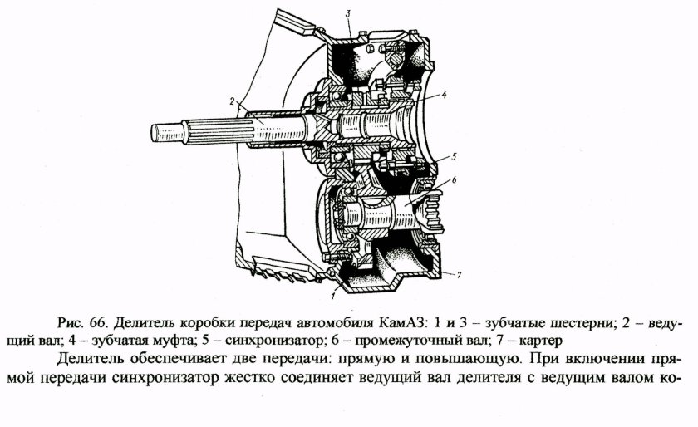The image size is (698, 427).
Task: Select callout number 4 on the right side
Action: (x=445, y=95)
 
